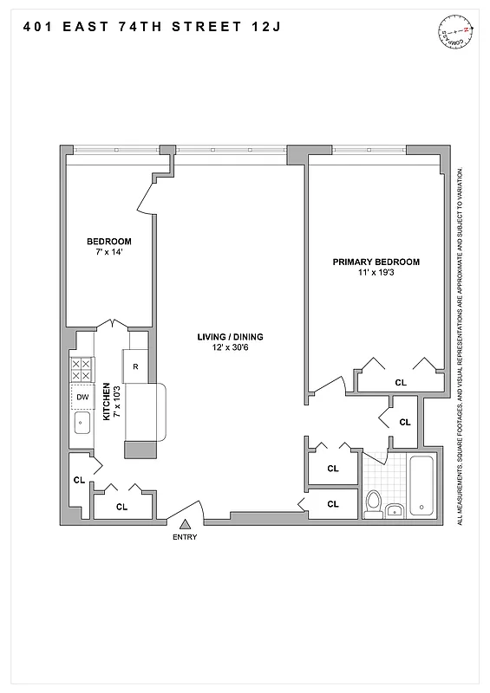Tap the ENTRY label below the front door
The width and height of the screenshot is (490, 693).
[185, 537]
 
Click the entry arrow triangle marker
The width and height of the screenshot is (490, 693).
[185, 523]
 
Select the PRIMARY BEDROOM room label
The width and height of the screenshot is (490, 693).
[376, 262]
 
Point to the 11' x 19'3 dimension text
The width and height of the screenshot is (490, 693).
[376, 273]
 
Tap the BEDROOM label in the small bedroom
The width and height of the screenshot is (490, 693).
[108, 241]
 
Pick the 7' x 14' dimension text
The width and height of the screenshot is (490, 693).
[108, 252]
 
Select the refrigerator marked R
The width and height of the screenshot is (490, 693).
[135, 366]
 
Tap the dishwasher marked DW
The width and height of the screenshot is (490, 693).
[82, 398]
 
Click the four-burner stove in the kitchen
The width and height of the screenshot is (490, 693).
[82, 371]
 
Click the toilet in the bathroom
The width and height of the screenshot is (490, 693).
[375, 502]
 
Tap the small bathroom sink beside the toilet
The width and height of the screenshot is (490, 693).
[395, 510]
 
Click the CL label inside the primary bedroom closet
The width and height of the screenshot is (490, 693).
[400, 381]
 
